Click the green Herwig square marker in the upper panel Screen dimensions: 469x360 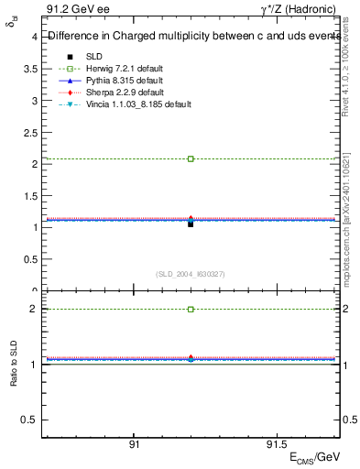(191, 158)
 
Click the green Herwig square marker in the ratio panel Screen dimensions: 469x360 (191, 310)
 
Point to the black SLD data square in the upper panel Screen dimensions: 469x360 (191, 224)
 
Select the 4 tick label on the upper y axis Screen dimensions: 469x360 (34, 38)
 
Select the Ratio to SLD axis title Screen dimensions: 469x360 (14, 378)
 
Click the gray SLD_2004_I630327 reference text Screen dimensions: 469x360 (190, 273)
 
